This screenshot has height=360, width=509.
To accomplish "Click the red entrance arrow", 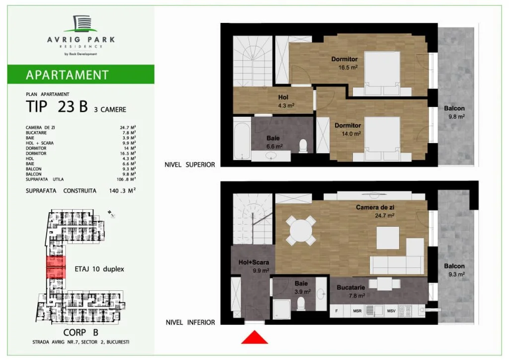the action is pos(254,338).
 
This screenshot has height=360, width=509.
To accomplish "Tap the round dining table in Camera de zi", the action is pos(301,231).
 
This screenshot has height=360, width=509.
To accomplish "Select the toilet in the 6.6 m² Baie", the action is pos(303,146).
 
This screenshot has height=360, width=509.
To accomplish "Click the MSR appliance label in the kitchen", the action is pos(357,311).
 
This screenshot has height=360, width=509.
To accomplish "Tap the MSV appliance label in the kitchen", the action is pos(391,311).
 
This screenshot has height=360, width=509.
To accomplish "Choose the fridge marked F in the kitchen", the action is pos(337,311).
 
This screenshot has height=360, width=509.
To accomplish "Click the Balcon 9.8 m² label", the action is pos(454,112).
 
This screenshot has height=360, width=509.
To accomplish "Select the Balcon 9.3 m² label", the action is pos(454,270).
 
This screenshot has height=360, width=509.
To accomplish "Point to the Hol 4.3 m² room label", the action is pos(284,101).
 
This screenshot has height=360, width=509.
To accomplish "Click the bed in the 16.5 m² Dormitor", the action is pos(382,74).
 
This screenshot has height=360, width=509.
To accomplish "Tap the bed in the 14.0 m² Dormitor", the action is pos(382,139).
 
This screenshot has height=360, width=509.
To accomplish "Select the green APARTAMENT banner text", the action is pos(67,75).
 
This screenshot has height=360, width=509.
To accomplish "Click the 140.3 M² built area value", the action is pos(122,190).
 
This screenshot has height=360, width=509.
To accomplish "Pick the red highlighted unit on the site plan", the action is pos(56,267).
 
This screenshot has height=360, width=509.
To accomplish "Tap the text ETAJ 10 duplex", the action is pos(99,269).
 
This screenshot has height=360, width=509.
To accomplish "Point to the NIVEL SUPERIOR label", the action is pos(189,165).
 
